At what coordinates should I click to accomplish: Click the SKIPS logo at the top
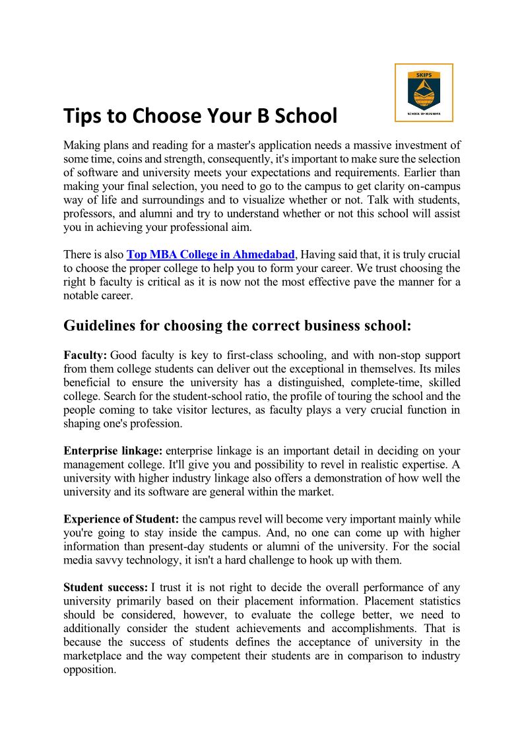pyautogui.click(x=424, y=92)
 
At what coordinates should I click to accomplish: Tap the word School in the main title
pyautogui.click(x=306, y=116)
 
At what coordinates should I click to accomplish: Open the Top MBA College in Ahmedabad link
pyautogui.click(x=211, y=255)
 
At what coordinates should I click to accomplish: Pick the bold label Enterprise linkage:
pyautogui.click(x=113, y=451)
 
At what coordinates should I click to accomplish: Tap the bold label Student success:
pyautogui.click(x=106, y=587)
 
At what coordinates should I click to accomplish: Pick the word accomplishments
pyautogui.click(x=373, y=628)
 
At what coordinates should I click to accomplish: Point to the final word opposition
pyautogui.click(x=89, y=669)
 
